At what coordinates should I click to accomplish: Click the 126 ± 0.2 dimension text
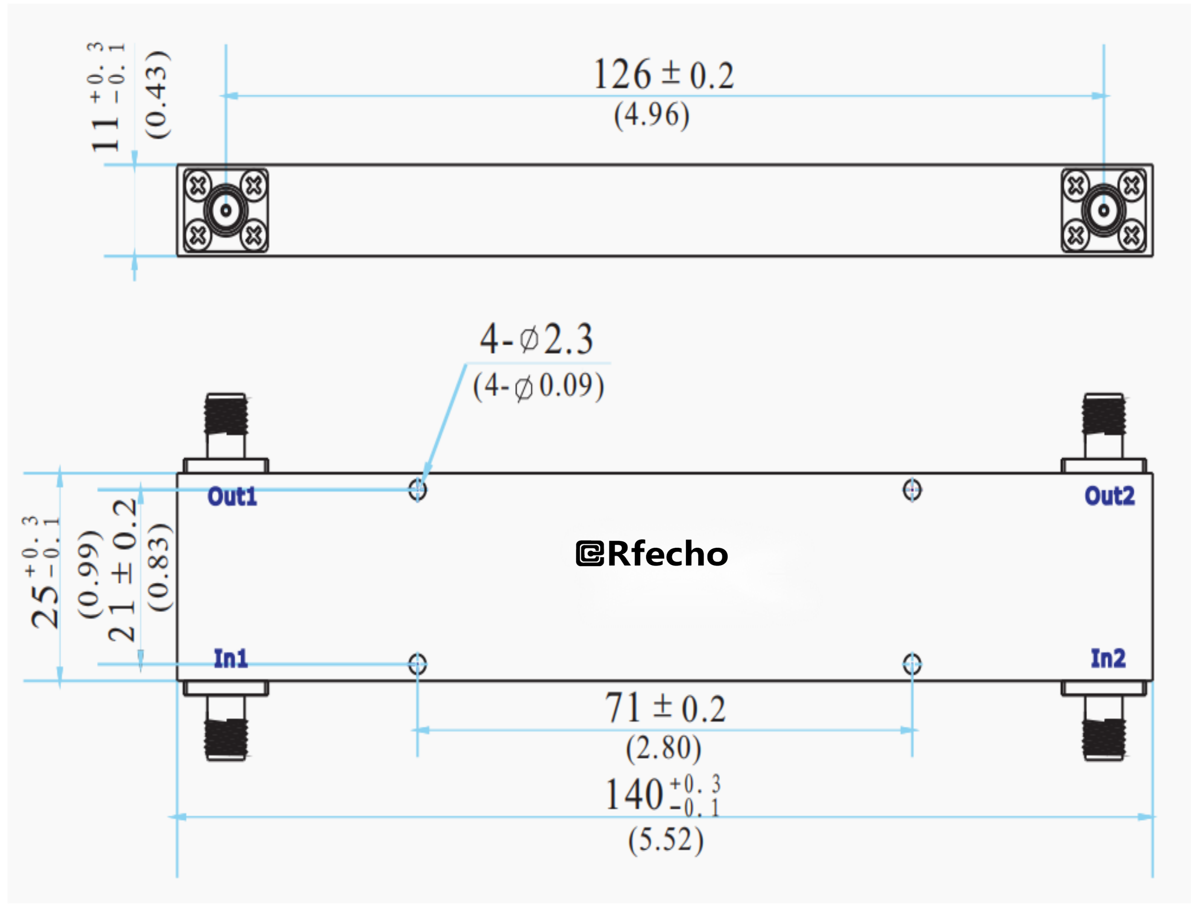663,75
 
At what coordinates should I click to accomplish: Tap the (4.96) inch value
652,115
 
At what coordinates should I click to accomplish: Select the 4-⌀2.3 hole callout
537,339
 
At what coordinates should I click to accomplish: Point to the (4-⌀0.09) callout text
538,386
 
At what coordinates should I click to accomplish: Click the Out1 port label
232,496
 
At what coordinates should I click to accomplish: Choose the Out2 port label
1110,496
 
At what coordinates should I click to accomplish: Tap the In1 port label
231,658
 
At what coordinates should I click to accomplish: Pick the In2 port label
1108,658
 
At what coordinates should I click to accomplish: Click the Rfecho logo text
652,554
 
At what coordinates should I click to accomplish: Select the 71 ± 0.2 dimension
665,708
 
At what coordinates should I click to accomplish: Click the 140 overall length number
634,794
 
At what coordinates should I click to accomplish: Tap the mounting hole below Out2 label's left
912,490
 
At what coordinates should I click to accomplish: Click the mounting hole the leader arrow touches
417,490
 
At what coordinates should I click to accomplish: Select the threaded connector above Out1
226,415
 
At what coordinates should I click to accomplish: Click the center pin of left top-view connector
226,210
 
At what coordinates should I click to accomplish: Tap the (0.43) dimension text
157,96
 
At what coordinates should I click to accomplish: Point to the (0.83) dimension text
160,567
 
